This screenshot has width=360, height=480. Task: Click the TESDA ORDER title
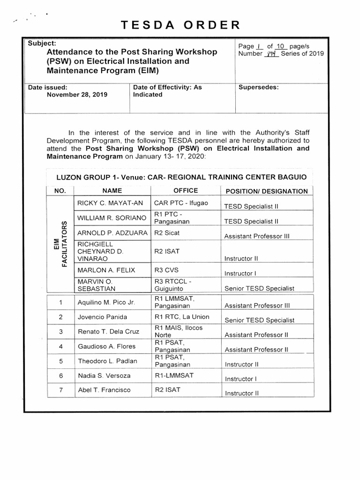180,25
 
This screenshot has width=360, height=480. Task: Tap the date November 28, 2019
77,94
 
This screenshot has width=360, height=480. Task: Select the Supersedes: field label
259,87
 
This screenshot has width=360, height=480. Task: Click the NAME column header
112,191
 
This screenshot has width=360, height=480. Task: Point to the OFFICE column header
186,191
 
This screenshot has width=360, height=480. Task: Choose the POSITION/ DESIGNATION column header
266,191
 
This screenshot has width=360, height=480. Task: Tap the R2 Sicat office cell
167,232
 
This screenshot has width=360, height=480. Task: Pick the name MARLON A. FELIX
105,270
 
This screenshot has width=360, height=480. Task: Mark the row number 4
61,346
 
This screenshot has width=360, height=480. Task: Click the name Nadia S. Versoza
104,375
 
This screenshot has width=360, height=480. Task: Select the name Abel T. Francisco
104,390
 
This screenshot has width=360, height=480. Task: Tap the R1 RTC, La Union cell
182,317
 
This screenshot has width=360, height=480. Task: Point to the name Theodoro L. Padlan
107,361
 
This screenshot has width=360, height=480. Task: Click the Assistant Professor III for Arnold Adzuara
257,237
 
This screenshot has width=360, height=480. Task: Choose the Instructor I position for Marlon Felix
240,273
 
